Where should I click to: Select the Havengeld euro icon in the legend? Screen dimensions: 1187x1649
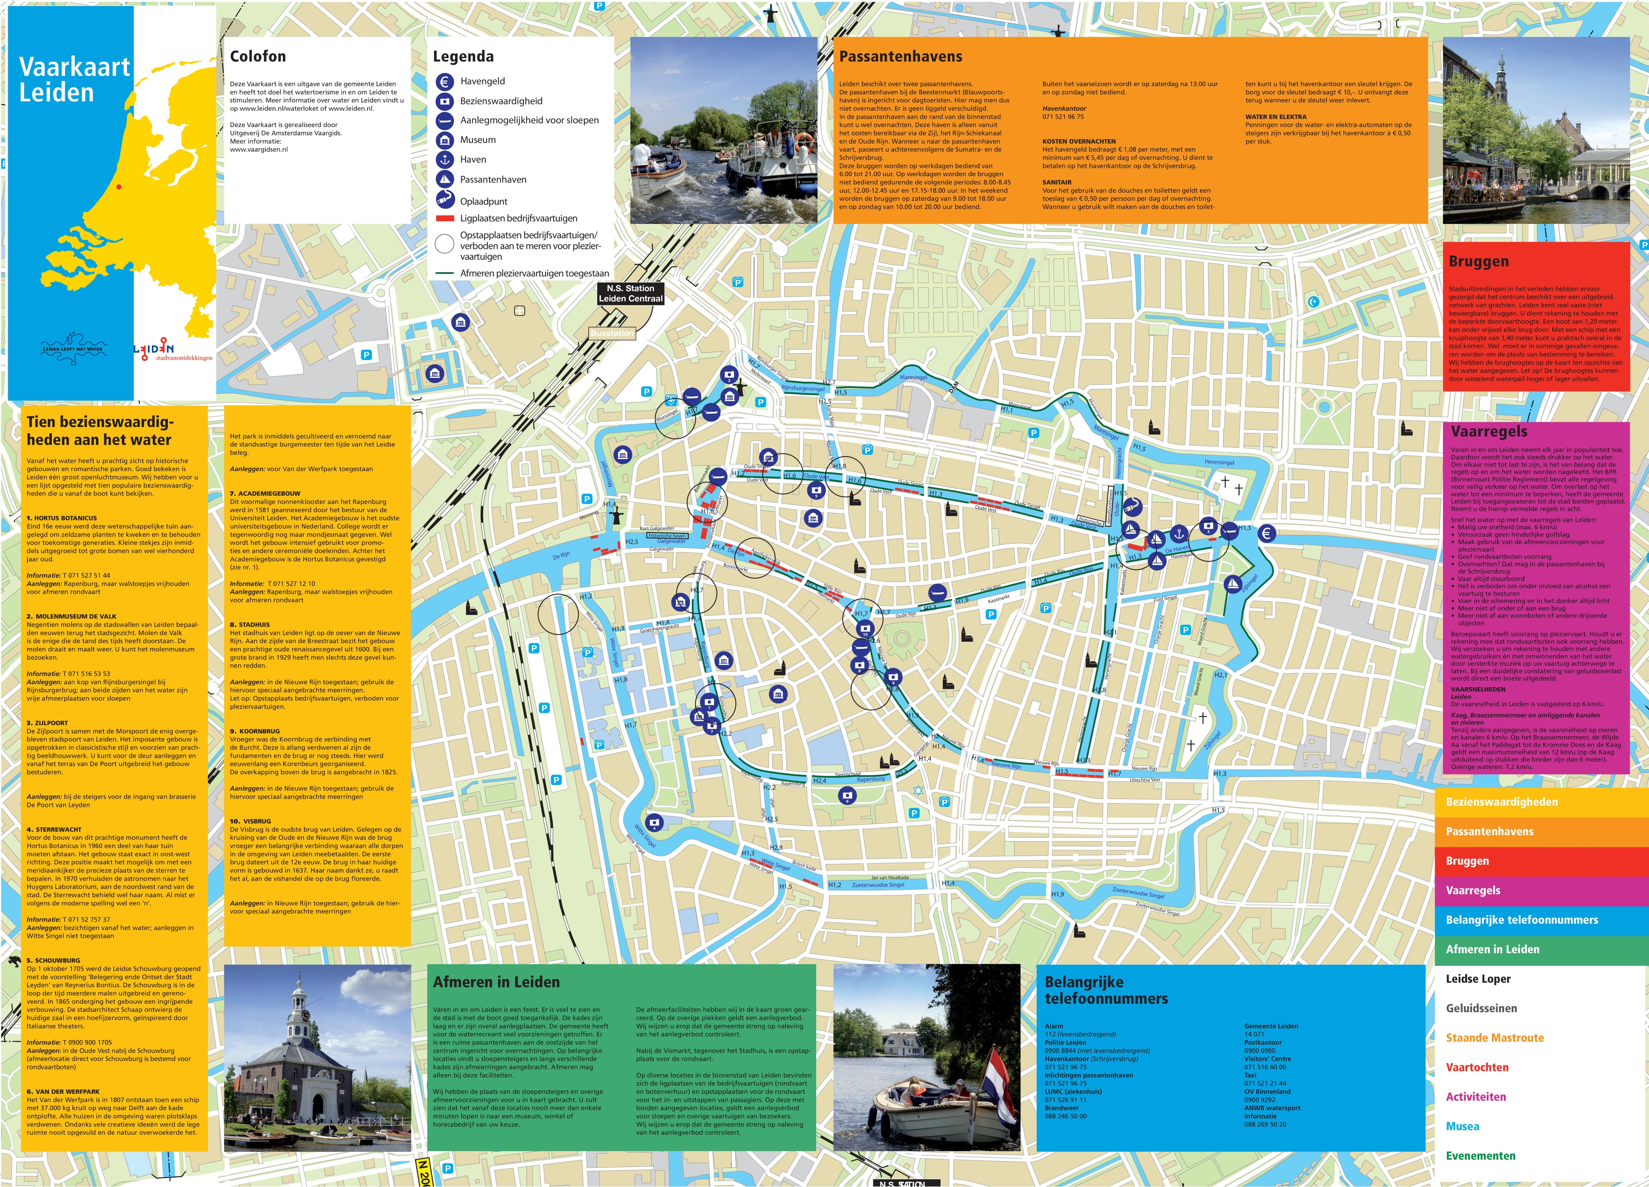coord(444,81)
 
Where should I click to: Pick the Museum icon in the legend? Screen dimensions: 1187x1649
coord(444,140)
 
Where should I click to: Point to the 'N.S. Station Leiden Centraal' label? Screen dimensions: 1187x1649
coord(630,293)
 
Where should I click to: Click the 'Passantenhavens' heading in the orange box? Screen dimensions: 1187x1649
coord(900,57)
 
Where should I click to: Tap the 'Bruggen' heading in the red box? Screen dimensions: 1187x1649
coord(1478,261)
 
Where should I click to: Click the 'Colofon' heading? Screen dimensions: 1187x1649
coord(258,57)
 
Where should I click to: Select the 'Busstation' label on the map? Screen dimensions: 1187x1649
coord(611,333)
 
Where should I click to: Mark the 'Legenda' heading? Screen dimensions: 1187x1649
coord(463,57)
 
